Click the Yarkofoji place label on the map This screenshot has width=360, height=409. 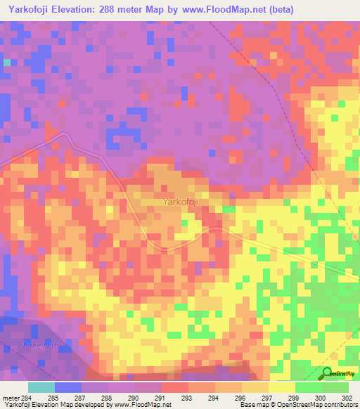click(x=180, y=202)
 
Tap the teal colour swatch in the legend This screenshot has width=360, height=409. click(x=41, y=387)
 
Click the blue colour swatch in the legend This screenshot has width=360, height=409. click(x=68, y=387)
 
